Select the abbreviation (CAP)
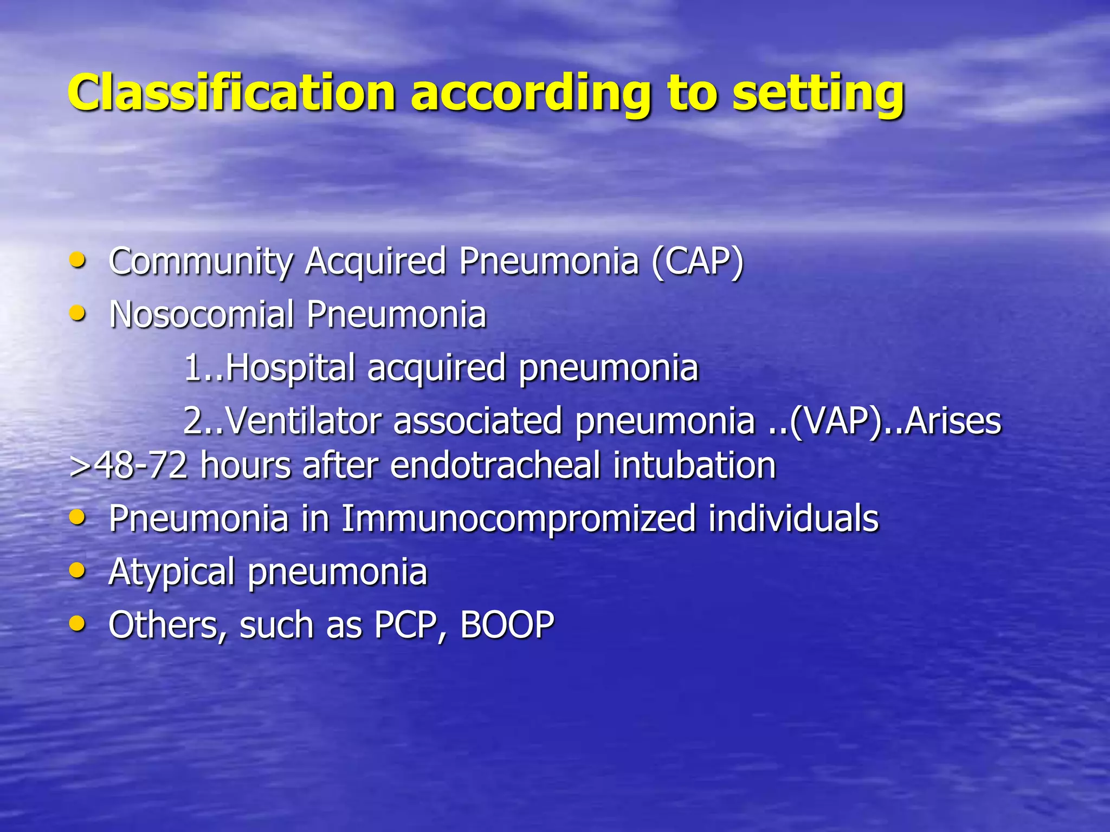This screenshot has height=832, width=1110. coord(698,262)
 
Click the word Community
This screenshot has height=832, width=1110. coord(201,262)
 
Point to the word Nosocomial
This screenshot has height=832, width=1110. coord(201,314)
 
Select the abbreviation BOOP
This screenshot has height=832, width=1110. coord(507,625)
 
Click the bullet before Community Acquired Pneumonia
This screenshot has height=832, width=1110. coord(78,261)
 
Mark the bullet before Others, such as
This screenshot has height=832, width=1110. coord(78,623)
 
